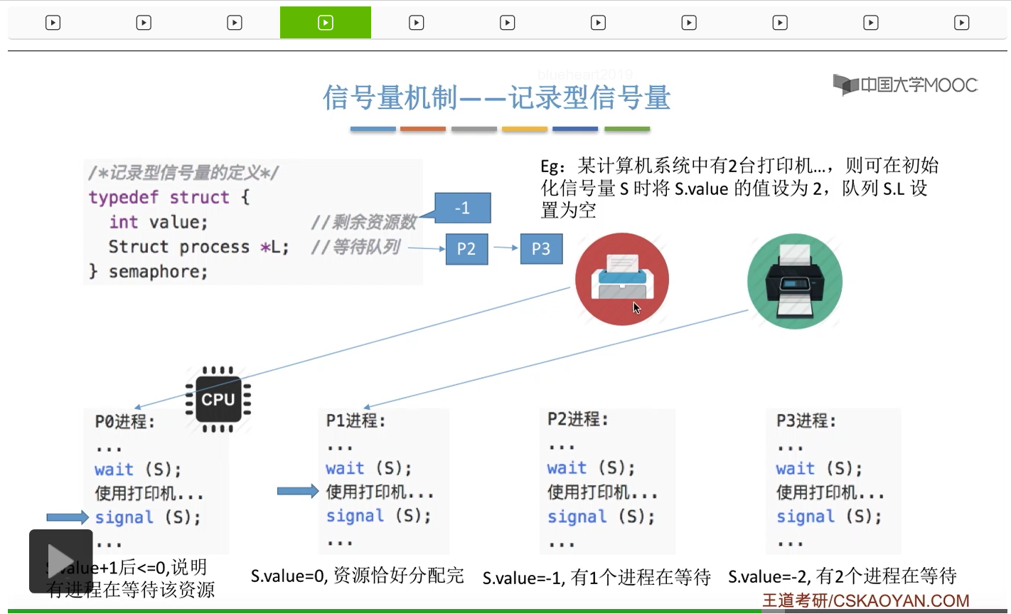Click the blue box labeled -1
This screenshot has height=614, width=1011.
coord(462,208)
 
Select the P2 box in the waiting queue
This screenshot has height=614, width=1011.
coord(466,248)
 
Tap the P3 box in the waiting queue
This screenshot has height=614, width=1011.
coord(541,248)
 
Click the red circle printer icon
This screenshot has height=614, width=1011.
coord(621,280)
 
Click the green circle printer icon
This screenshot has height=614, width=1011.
coord(794,281)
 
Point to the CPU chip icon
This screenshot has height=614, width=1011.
coord(218,400)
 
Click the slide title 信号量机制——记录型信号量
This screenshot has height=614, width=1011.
coord(497,97)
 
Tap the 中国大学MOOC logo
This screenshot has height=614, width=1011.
coord(905,85)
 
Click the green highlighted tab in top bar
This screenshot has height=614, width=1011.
coord(325,23)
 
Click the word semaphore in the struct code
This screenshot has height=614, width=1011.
coord(158,272)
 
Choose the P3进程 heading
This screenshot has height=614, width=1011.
coord(806,420)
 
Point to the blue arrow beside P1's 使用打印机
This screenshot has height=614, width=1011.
coord(297,490)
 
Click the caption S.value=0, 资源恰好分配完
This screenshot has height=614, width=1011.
coord(357,575)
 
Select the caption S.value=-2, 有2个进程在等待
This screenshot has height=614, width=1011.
coord(842,576)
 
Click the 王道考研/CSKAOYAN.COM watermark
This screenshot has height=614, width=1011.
coord(865,600)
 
